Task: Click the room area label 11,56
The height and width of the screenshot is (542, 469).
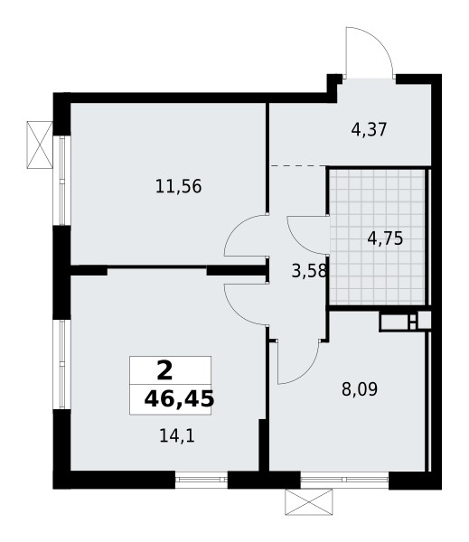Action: coord(178,188)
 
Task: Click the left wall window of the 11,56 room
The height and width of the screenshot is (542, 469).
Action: coord(62,180)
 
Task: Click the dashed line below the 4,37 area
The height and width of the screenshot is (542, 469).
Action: coord(297,165)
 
